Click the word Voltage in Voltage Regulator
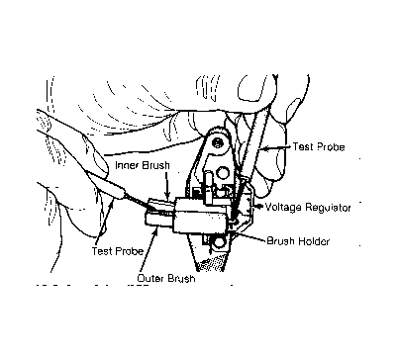pyautogui.click(x=283, y=208)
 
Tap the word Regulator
pyautogui.click(x=328, y=208)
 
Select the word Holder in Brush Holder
pyautogui.click(x=314, y=241)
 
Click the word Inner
pyautogui.click(x=127, y=165)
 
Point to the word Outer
pyautogui.click(x=150, y=278)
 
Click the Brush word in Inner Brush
pyautogui.click(x=155, y=165)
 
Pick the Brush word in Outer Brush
pyautogui.click(x=181, y=278)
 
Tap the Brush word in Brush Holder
pyautogui.click(x=280, y=241)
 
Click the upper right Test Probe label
pyautogui.click(x=319, y=146)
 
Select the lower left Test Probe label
pyautogui.click(x=118, y=251)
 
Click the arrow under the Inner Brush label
pyautogui.click(x=167, y=185)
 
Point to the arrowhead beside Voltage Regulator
pyautogui.click(x=259, y=207)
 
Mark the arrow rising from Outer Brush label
pyautogui.click(x=149, y=251)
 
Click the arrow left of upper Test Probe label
pyautogui.click(x=274, y=148)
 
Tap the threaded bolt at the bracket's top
pyautogui.click(x=217, y=143)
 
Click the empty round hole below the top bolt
pyautogui.click(x=222, y=172)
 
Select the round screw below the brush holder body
pyautogui.click(x=217, y=243)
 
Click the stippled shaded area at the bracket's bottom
pyautogui.click(x=210, y=264)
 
